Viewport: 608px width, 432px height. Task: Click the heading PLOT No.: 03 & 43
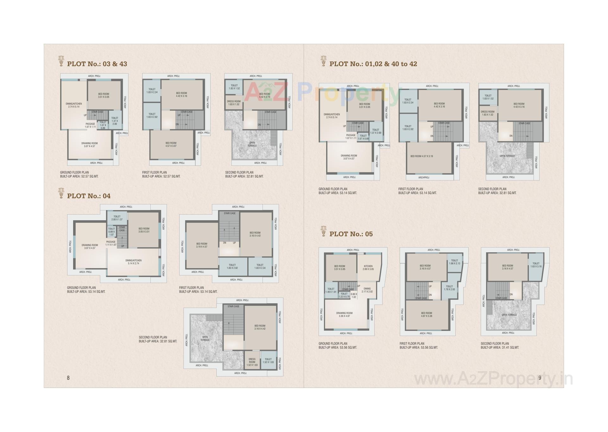click(x=97, y=64)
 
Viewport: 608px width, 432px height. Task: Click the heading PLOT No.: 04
click(x=89, y=196)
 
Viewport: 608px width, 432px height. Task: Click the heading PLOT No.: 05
click(x=351, y=234)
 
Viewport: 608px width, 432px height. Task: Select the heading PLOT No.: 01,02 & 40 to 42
click(x=373, y=64)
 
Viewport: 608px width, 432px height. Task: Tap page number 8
click(x=68, y=378)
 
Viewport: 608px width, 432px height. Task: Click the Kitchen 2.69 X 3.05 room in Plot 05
click(x=368, y=268)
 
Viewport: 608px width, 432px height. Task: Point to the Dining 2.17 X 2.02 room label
click(x=367, y=290)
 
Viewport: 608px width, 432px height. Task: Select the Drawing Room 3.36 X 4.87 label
click(x=344, y=314)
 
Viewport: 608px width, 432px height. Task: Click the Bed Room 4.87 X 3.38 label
click(x=427, y=314)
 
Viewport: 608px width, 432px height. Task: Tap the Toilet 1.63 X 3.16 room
click(x=536, y=265)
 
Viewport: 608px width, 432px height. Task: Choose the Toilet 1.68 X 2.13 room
click(x=454, y=262)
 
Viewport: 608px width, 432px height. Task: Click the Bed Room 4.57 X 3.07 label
click(x=171, y=145)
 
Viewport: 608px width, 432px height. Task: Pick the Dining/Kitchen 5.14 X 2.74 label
click(x=133, y=262)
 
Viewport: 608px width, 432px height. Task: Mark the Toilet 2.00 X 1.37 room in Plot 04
click(x=117, y=218)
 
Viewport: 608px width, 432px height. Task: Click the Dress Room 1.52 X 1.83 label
click(x=252, y=362)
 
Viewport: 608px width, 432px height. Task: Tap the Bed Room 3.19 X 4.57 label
click(x=202, y=245)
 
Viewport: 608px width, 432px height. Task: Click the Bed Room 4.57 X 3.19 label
click(x=421, y=156)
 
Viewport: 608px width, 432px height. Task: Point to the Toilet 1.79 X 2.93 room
click(x=449, y=288)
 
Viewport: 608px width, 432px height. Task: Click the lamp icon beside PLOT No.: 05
click(x=323, y=231)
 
